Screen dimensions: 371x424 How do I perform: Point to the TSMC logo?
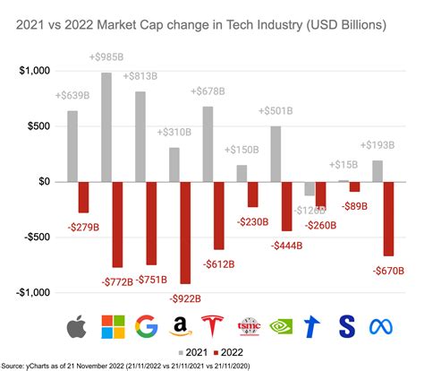click(249, 327)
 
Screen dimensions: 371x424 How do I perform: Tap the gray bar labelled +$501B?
click(276, 153)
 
